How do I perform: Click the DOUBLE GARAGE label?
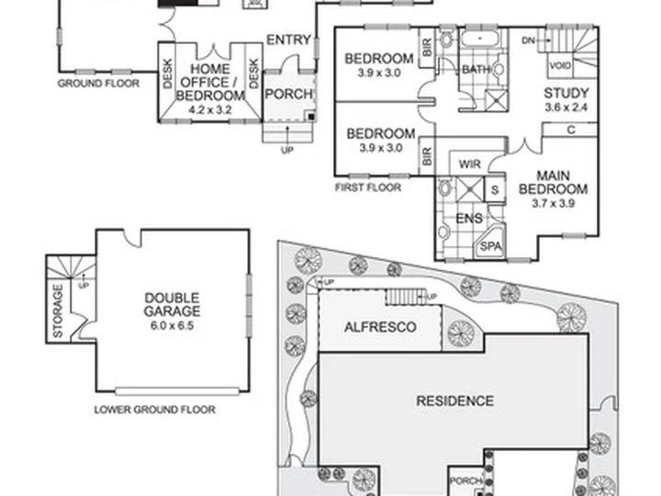172,305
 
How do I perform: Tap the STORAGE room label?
58,310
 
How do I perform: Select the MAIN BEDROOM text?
553,182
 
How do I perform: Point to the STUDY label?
566,93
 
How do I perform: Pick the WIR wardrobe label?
470,163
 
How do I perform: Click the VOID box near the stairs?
560,66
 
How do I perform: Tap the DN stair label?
528,40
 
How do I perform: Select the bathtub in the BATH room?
480,39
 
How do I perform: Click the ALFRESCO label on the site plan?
380,327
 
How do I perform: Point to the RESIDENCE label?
454,400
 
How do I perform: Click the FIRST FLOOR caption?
368,187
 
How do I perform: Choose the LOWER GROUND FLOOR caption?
155,410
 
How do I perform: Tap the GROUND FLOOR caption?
98,83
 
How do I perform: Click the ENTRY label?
289,40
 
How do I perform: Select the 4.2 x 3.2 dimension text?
210,110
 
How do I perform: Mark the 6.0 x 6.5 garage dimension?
172,325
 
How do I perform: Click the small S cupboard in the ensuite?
495,190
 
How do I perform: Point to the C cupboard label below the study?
571,130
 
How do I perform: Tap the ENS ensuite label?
469,219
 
